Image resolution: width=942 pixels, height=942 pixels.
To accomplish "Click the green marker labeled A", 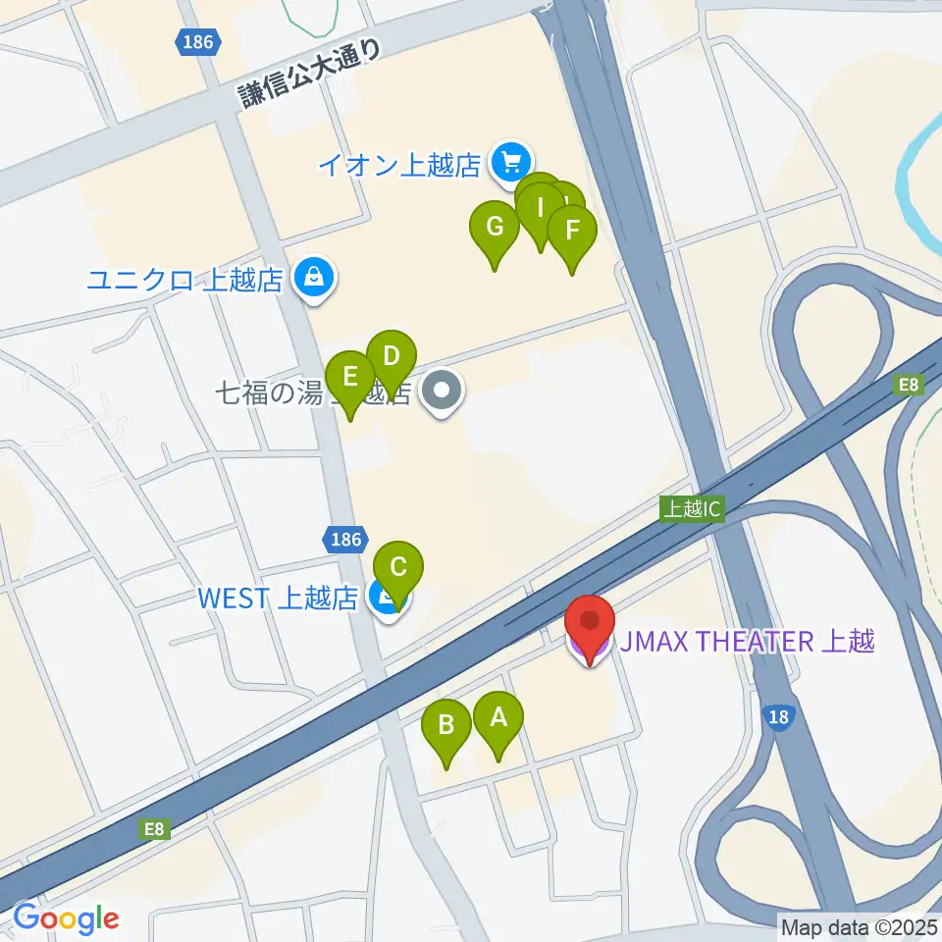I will point(498,719).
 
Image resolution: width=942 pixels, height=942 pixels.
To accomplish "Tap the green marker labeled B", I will point(446,727).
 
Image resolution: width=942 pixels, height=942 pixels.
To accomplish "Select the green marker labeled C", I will point(398,568).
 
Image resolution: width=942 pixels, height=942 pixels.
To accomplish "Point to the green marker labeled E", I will point(349,377).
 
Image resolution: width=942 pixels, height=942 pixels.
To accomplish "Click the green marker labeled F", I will point(571,233).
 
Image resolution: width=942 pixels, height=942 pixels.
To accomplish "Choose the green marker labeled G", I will point(495,229).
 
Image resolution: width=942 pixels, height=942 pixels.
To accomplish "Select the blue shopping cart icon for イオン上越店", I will point(510,160).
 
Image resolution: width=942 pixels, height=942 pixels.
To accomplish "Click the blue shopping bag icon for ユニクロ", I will point(312,279).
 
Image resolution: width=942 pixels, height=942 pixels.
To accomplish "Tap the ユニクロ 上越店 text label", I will point(185,281).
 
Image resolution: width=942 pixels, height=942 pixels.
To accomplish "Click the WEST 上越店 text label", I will point(277,598).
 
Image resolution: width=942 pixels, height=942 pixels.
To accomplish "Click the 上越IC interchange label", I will point(693,509).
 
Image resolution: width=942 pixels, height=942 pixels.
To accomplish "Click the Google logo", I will point(66,918).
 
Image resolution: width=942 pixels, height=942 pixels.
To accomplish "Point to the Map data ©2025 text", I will point(859,926).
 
